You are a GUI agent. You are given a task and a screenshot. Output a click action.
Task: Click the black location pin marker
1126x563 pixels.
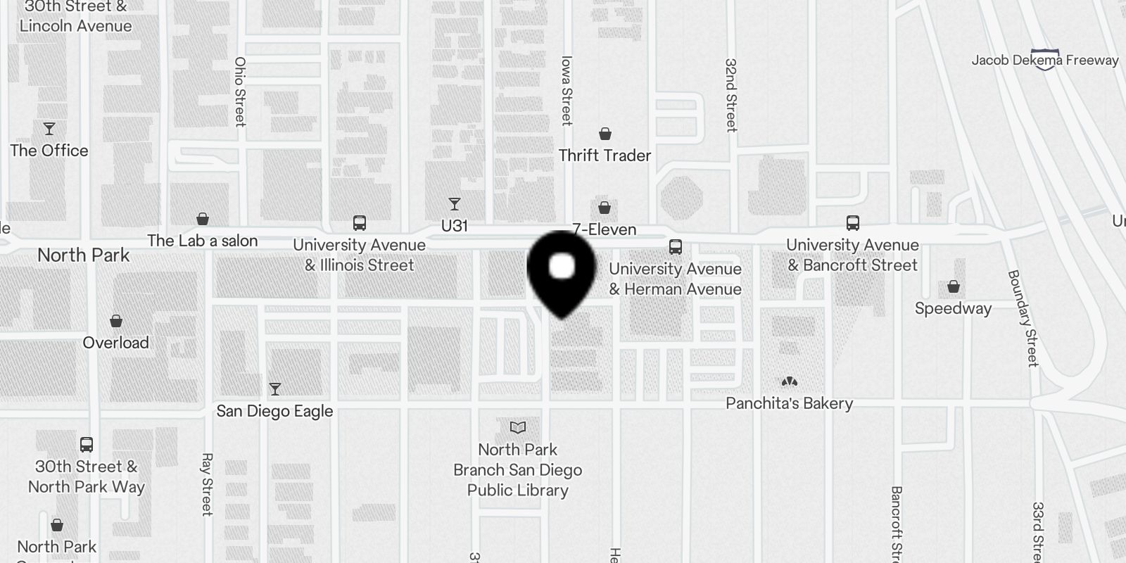(x=562, y=271)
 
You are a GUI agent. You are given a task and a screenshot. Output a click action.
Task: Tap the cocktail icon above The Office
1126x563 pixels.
(x=49, y=129)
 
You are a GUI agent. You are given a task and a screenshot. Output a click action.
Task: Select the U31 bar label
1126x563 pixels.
(x=454, y=226)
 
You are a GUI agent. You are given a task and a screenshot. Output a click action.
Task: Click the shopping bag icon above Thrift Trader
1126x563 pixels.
(x=605, y=134)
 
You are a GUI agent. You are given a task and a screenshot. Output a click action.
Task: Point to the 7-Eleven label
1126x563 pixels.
(x=605, y=229)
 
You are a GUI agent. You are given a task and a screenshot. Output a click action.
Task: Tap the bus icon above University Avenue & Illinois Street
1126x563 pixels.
(x=360, y=223)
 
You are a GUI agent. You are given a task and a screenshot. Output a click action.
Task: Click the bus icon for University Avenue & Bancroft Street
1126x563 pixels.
(x=853, y=223)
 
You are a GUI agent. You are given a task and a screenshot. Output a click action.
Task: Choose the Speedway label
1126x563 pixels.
(x=953, y=308)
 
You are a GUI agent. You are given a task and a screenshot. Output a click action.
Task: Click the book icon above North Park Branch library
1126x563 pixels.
(x=518, y=427)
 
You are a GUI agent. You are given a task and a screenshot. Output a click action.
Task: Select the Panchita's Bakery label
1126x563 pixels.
(x=789, y=403)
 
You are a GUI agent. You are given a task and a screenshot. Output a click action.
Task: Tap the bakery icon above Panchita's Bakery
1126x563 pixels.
(x=789, y=381)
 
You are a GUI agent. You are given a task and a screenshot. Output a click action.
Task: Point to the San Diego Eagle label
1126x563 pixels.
(x=274, y=411)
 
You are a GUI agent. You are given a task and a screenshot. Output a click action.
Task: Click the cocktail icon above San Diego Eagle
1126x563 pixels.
(x=275, y=389)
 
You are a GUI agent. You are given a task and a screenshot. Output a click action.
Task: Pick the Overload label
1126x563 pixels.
(x=116, y=343)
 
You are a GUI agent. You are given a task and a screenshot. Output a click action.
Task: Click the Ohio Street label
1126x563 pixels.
(x=240, y=91)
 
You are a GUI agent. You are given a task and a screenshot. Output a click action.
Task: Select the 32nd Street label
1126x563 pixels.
(x=731, y=95)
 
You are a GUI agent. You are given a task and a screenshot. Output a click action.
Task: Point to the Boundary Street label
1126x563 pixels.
(x=1023, y=318)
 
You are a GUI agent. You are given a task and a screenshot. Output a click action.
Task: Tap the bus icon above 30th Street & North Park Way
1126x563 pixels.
(x=87, y=445)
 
